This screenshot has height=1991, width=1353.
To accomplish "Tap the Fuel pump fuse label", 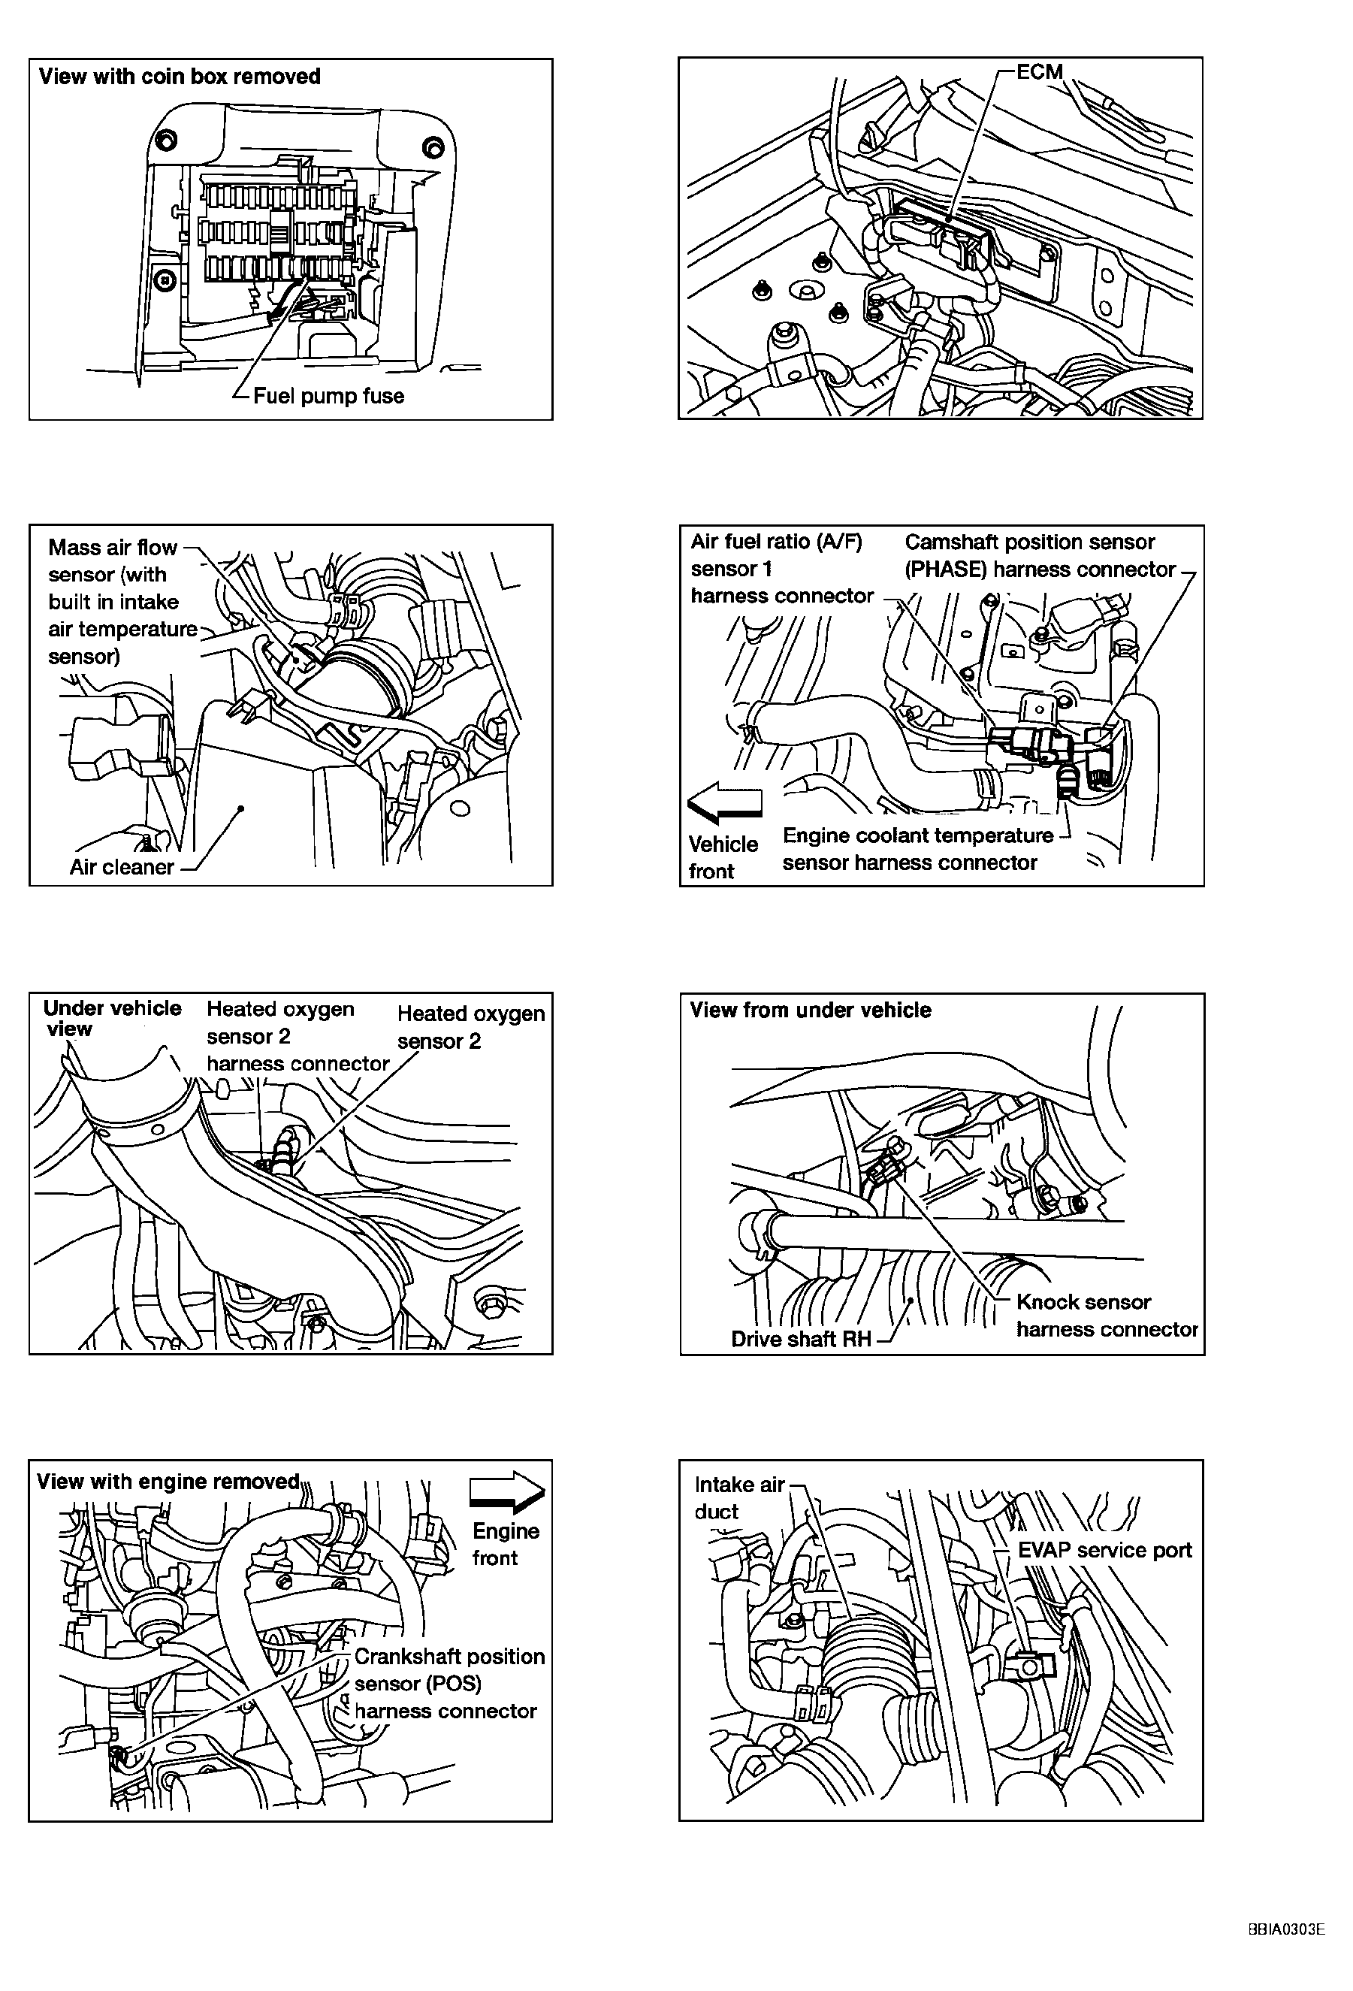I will click(x=328, y=396).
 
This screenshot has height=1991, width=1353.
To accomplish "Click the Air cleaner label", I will click(x=122, y=867).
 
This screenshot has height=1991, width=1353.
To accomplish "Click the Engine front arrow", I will click(x=506, y=1491).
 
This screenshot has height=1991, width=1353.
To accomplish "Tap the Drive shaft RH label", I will click(x=800, y=1339).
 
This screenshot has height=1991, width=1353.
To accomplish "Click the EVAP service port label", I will click(x=1104, y=1550).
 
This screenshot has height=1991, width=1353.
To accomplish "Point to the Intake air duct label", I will click(x=738, y=1497).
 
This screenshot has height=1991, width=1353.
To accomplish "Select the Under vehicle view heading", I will click(x=111, y=1018).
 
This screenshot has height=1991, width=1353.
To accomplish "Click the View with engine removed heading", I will click(x=168, y=1482).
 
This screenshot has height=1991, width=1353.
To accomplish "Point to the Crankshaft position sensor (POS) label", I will click(x=449, y=1684).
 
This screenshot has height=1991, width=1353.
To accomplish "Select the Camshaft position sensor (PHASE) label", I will click(x=1040, y=555).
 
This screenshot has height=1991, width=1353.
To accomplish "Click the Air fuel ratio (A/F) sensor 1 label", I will click(x=781, y=568).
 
